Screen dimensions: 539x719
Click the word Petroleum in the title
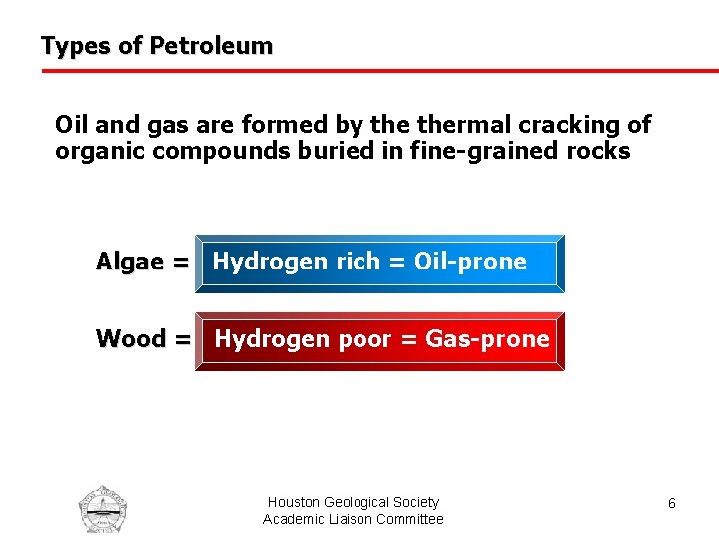[x=210, y=46]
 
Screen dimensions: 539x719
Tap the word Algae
[x=131, y=262]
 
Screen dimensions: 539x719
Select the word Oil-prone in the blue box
[x=470, y=262]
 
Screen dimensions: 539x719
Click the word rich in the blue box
[x=358, y=262]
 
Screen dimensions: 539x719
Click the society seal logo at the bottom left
[x=103, y=509]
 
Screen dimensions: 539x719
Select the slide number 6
[x=672, y=504]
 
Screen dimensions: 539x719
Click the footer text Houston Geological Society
[x=353, y=502]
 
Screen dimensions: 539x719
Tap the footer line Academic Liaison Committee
[x=353, y=519]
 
